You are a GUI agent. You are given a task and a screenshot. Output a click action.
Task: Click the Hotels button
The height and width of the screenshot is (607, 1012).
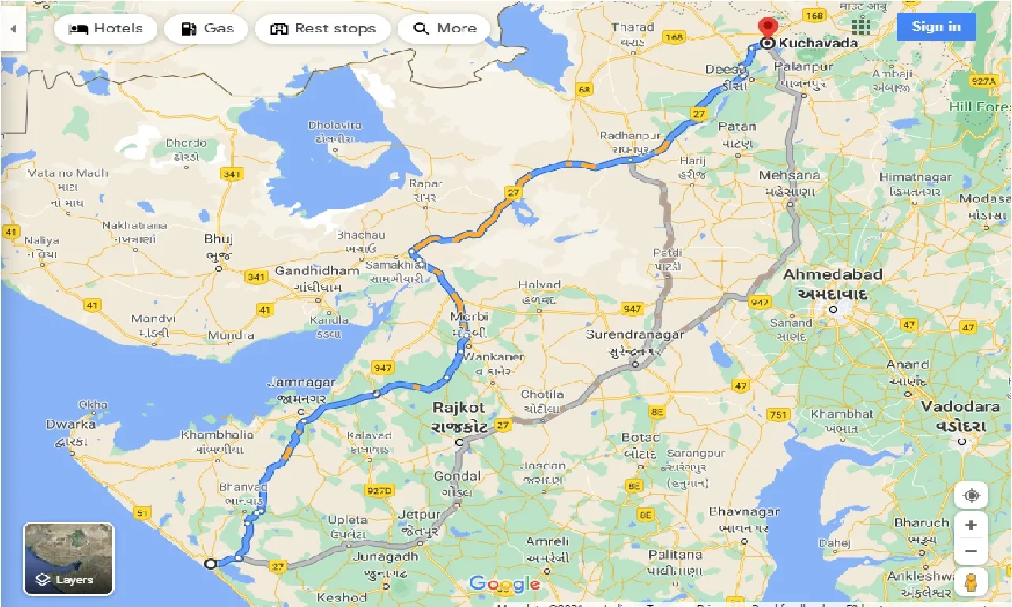105,28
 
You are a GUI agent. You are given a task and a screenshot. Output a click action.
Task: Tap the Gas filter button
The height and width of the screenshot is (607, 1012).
206,28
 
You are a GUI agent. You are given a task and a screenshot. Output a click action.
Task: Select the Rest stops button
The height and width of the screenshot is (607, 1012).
323,28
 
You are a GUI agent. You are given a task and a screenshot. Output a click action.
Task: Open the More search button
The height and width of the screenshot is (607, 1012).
444,28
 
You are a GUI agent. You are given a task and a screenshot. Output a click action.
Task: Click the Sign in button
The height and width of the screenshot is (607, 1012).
936,27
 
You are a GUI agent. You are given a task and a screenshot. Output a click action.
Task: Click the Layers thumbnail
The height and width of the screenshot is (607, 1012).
69,558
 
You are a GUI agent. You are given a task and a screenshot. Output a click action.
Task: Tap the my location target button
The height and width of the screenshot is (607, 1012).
971,496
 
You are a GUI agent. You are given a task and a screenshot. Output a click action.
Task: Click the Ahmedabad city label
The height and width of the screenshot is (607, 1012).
833,275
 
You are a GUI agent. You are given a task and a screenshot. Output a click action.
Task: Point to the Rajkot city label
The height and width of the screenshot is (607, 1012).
458,409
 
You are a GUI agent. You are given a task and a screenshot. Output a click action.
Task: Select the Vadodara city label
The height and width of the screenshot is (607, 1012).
961,406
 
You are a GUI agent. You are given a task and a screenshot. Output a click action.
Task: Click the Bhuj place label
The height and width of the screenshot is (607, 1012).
218,239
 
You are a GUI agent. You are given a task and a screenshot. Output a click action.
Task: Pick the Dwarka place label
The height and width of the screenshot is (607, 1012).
70,424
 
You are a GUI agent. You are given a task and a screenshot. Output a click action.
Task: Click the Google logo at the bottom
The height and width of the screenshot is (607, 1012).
504,584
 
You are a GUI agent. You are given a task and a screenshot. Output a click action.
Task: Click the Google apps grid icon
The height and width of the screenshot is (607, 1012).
861,26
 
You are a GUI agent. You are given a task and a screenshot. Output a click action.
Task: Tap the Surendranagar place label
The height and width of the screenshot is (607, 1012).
635,335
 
